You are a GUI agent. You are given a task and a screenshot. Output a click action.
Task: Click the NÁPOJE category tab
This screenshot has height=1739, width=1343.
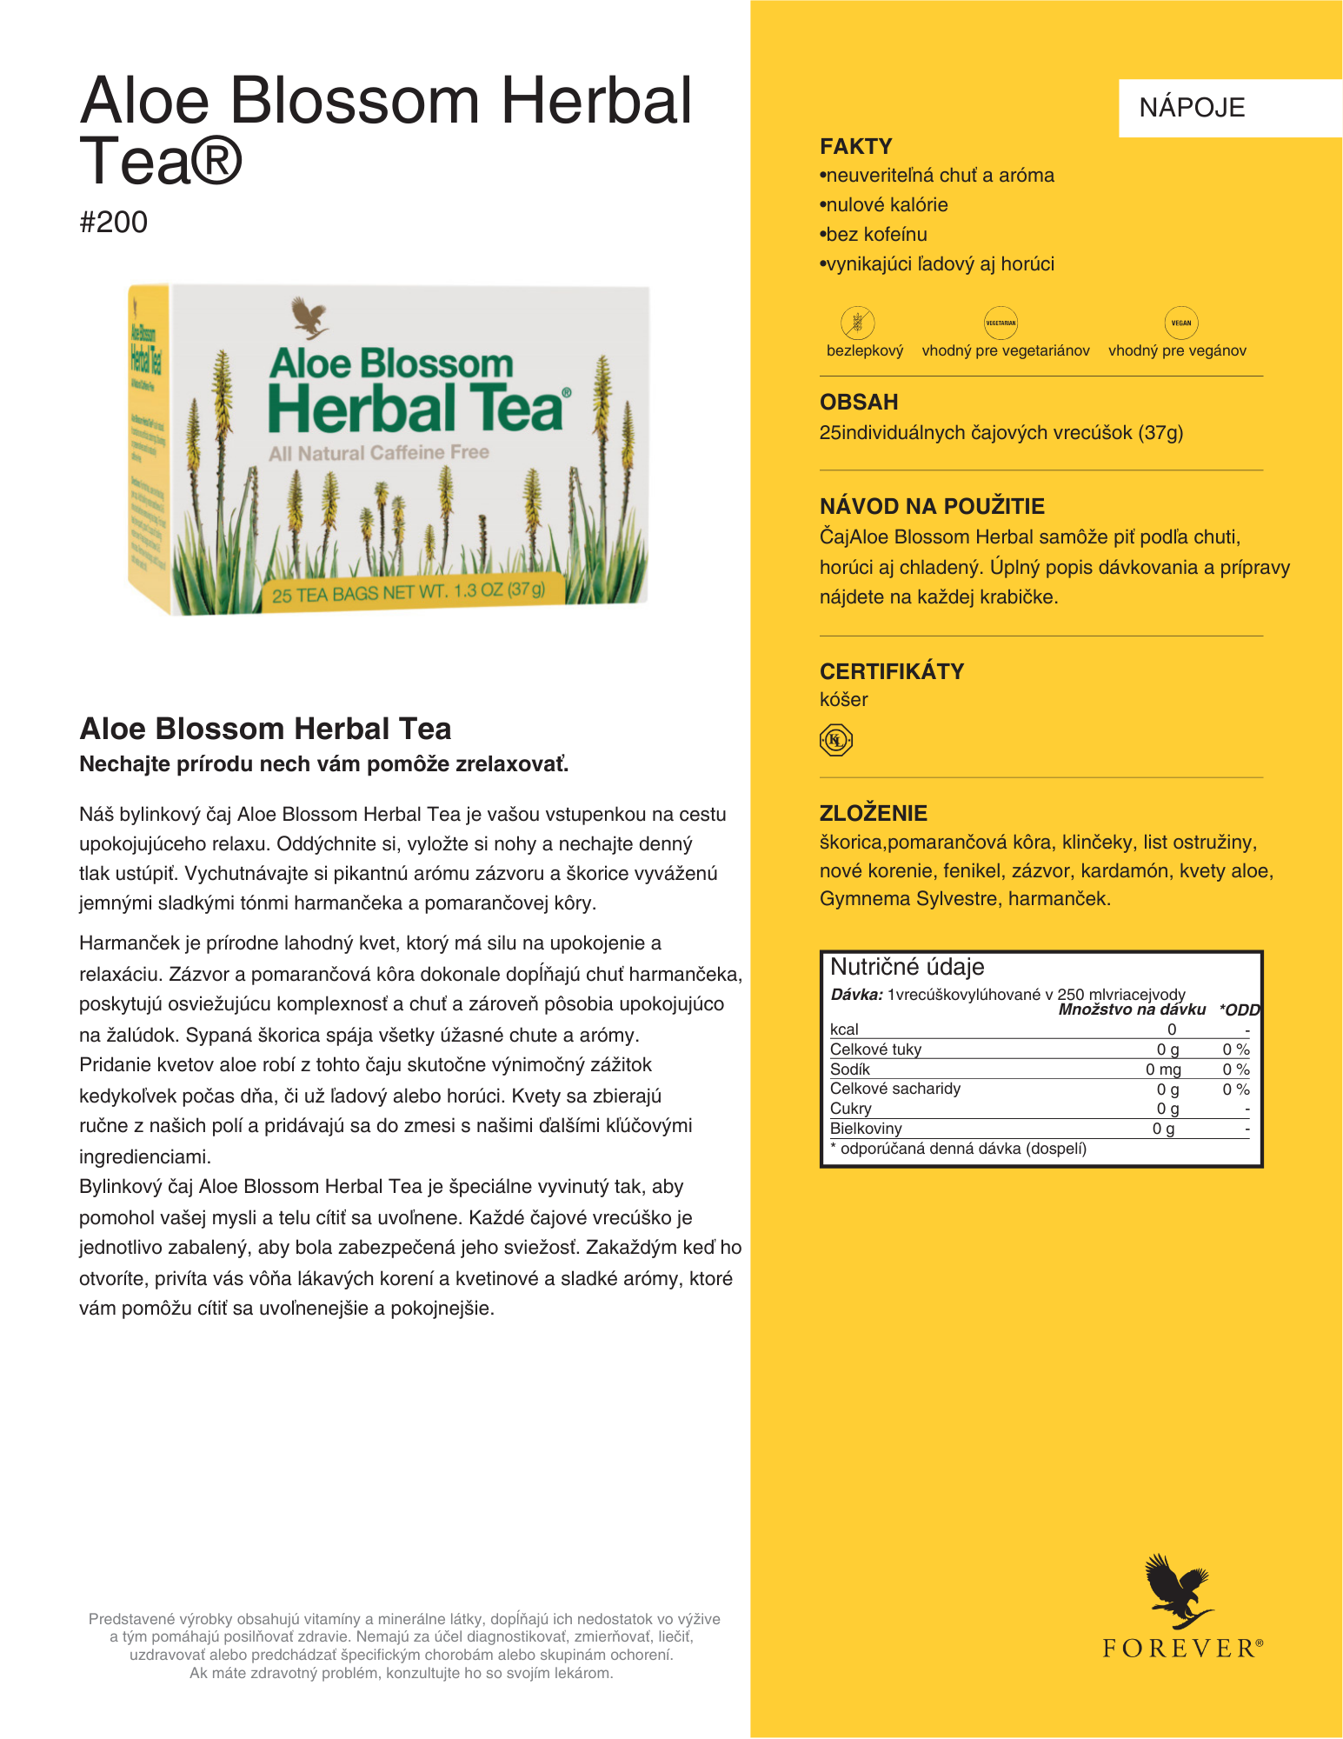[x=1192, y=108]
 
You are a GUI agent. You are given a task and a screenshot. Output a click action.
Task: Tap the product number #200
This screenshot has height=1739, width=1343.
[x=113, y=223]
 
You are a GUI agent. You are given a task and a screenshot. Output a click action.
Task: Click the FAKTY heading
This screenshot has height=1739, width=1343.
[x=855, y=146]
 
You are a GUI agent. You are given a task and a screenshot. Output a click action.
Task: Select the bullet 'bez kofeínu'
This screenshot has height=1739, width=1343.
[x=876, y=235]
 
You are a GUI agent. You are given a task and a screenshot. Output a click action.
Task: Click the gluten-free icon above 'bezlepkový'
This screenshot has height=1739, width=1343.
[x=857, y=323]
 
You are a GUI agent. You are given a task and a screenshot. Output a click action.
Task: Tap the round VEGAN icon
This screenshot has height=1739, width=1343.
[x=1180, y=323]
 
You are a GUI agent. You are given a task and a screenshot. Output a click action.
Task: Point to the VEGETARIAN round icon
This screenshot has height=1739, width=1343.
[x=1000, y=323]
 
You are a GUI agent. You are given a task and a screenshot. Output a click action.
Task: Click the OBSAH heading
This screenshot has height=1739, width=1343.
[x=858, y=402]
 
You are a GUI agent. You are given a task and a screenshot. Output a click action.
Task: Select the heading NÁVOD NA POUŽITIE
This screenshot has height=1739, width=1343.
[x=931, y=506]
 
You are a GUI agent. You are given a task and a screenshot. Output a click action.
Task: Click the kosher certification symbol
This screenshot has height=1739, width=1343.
[x=835, y=740]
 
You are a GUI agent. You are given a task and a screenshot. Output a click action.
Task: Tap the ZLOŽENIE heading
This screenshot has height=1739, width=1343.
[x=873, y=813]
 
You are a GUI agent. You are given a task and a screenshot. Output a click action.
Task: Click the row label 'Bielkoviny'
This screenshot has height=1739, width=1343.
[x=866, y=1129]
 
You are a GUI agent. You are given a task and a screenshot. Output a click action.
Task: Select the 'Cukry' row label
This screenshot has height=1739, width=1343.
[x=850, y=1109]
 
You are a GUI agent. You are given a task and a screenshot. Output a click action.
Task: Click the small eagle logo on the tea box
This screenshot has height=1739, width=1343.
[x=309, y=318]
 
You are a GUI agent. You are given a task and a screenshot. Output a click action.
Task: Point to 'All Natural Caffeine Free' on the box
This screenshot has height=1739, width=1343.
[x=379, y=453]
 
